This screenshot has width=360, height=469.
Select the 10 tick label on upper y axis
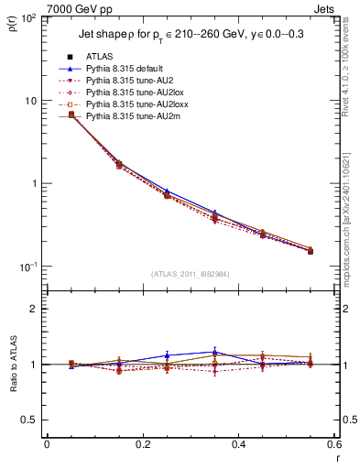[x=33, y=101]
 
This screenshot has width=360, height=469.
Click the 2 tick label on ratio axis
[x=35, y=309]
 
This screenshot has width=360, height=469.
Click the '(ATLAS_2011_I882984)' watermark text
[x=191, y=272]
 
